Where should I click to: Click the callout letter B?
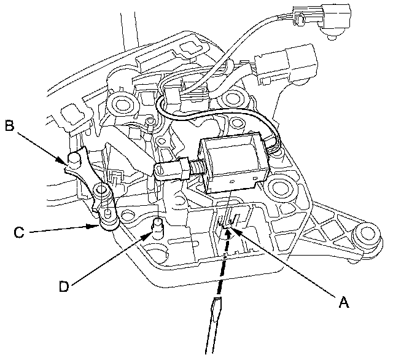pyautogui.click(x=10, y=125)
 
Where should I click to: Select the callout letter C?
pyautogui.click(x=19, y=232)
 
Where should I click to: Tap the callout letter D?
pyautogui.click(x=64, y=286)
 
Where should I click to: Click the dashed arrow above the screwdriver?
pyautogui.click(x=224, y=260)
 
